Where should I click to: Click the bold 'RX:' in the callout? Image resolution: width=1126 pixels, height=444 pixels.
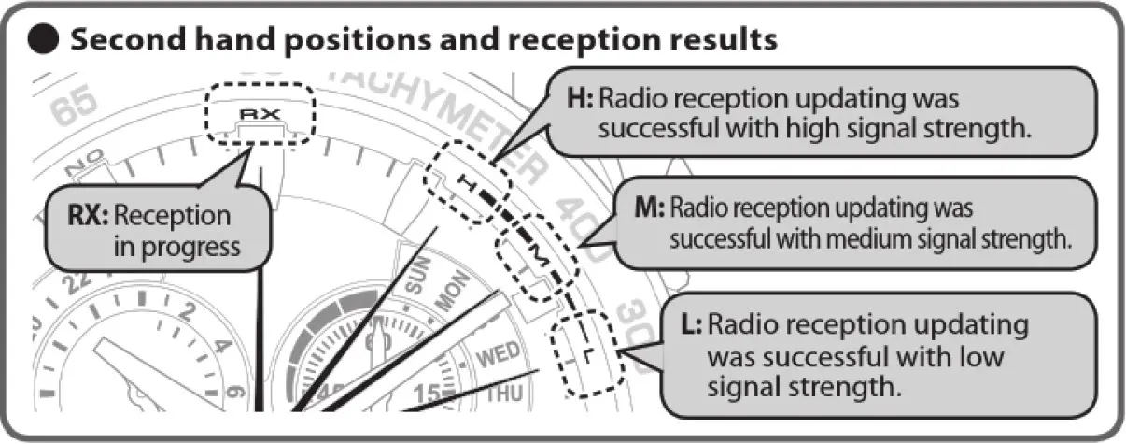tap(90, 217)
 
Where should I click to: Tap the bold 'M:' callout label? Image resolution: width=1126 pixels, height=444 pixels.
tap(647, 208)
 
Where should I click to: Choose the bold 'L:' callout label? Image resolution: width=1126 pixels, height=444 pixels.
tap(689, 325)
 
